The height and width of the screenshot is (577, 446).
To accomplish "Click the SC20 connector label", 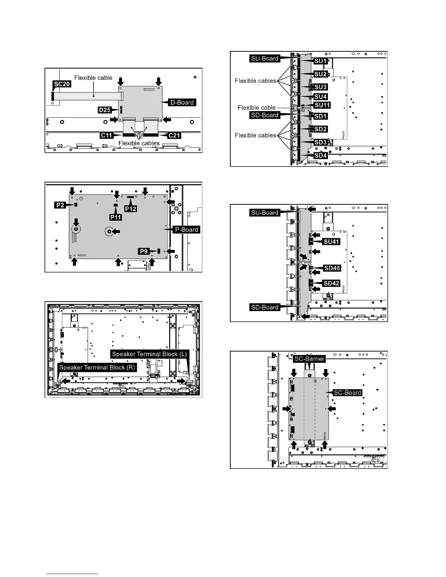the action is click(62, 84).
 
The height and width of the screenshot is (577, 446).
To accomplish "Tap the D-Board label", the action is click(182, 102).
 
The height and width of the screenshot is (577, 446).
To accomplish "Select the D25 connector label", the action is click(105, 110).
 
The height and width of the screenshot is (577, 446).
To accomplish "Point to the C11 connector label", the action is click(106, 136).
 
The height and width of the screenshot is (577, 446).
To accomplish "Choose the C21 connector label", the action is click(174, 136).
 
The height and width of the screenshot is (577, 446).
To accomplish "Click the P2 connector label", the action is click(60, 205).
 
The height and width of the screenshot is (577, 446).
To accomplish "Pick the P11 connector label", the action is click(116, 217).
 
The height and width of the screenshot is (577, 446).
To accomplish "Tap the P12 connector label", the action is click(130, 208).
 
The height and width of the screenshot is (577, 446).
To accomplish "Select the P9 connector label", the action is click(144, 251).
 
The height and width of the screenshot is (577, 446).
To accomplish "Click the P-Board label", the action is click(187, 229).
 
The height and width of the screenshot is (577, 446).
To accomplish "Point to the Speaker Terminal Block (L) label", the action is click(149, 354).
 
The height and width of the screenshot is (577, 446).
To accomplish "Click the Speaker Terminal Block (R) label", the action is click(97, 367).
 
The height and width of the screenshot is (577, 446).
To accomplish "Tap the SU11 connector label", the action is click(322, 105).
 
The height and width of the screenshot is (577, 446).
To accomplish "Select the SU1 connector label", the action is click(321, 61).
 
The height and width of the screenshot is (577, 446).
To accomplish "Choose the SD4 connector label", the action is click(321, 156).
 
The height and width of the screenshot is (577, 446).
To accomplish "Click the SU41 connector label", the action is click(331, 242).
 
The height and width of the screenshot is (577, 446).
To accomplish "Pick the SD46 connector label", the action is click(332, 268).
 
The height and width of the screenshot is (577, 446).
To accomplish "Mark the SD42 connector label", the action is click(331, 283).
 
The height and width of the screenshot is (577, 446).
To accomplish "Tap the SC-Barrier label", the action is click(309, 359).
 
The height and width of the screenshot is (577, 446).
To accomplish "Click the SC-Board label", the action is click(348, 392).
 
